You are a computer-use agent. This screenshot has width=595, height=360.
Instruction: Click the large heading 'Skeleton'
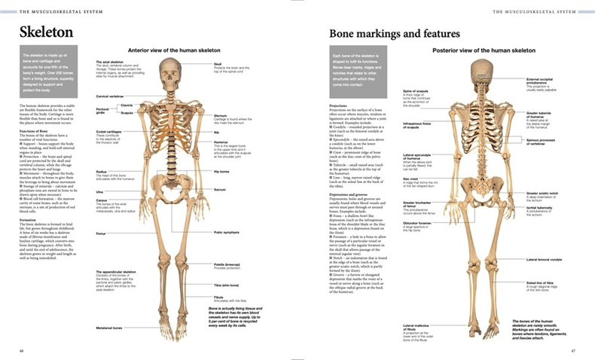point(46,32)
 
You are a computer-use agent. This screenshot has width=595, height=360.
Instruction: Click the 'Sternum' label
point(219,116)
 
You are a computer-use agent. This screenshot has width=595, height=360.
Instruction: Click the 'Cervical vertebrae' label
point(109,96)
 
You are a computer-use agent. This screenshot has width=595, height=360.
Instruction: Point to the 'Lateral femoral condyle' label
point(544,259)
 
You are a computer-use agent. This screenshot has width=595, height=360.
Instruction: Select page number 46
point(21,350)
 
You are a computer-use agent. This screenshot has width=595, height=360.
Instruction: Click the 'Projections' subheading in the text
point(338,106)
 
